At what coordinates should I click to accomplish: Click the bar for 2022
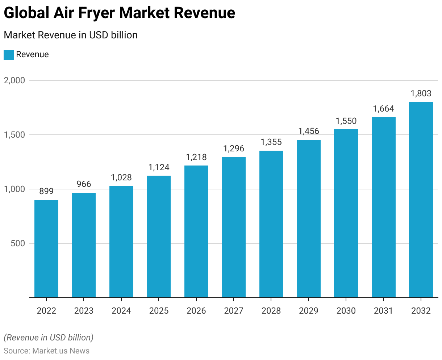(x=46, y=249)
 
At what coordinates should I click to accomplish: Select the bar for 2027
(x=234, y=227)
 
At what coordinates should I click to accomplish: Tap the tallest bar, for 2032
(x=421, y=200)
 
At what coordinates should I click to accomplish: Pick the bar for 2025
(x=159, y=236)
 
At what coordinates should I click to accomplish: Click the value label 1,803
(x=421, y=93)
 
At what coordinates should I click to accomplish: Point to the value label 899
(x=46, y=191)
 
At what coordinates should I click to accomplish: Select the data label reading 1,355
(x=271, y=142)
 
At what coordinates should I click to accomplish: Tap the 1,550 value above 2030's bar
(x=346, y=121)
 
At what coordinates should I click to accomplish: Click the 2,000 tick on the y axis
(x=14, y=80)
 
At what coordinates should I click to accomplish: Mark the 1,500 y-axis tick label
(x=14, y=135)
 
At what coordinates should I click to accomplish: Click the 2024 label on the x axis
(x=121, y=311)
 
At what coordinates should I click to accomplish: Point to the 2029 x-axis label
(x=309, y=311)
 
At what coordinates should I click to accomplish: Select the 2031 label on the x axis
(x=383, y=311)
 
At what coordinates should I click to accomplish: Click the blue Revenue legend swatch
(x=9, y=55)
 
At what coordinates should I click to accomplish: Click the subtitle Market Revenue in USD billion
(x=71, y=35)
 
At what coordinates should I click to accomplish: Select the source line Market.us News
(x=46, y=351)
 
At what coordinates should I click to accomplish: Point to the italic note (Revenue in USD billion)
(x=49, y=338)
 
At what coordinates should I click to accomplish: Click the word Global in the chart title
(x=26, y=13)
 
